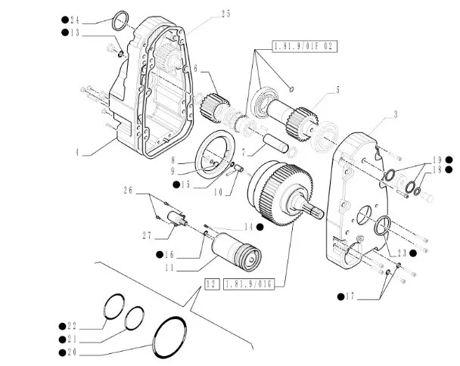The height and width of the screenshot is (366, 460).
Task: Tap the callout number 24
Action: (x=73, y=19)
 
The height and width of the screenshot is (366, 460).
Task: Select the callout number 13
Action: (x=73, y=33)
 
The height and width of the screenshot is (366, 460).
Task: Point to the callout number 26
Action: (x=128, y=191)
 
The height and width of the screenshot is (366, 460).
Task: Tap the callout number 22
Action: (x=73, y=326)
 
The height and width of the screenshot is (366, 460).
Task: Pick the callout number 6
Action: (x=195, y=70)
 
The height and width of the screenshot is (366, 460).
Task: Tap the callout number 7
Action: (x=241, y=152)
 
